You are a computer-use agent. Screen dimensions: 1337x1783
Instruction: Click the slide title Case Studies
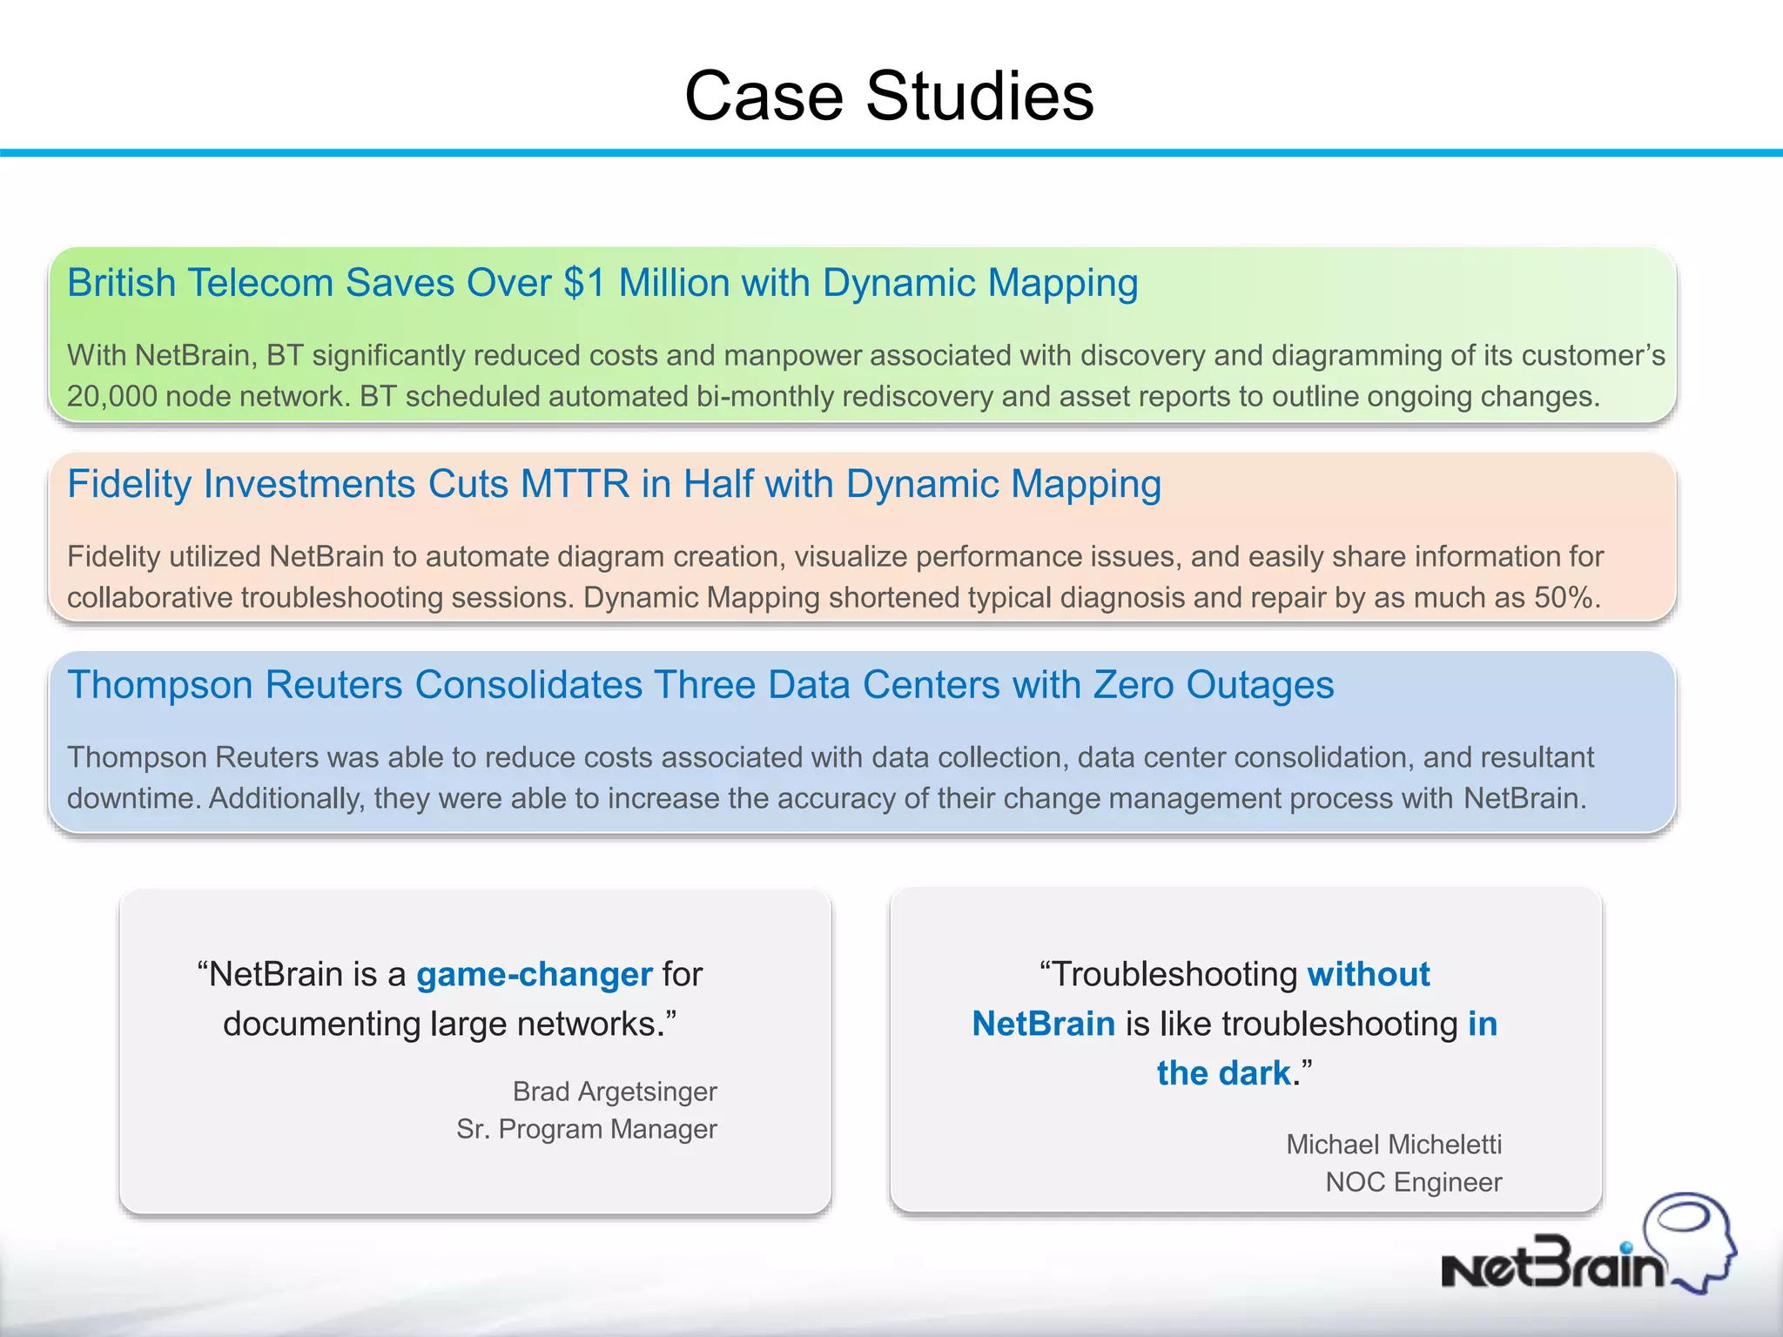click(889, 96)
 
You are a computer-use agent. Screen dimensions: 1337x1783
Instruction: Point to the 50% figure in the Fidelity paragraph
click(1566, 598)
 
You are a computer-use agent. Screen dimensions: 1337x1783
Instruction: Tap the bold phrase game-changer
click(534, 974)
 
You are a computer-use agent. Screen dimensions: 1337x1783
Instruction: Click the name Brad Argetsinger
click(615, 1092)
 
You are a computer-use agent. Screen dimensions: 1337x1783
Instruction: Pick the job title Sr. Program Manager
click(587, 1129)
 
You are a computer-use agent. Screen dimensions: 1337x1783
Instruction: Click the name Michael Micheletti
click(1394, 1145)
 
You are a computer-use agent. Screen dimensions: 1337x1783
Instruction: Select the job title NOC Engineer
click(1413, 1183)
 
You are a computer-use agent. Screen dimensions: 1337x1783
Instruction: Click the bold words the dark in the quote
click(1223, 1073)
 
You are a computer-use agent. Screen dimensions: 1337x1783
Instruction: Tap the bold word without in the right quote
click(1369, 974)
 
